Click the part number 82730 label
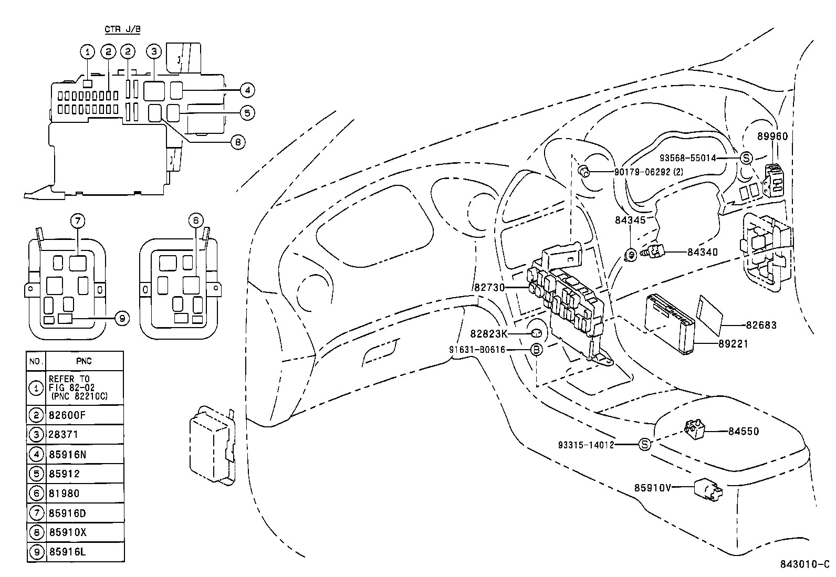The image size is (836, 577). click(x=488, y=287)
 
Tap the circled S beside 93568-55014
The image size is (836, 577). click(x=746, y=158)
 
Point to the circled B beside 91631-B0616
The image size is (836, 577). click(x=536, y=350)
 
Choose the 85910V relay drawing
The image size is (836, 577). click(x=707, y=489)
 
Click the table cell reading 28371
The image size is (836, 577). click(x=85, y=435)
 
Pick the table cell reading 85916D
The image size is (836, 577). click(x=85, y=512)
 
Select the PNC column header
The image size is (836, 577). click(x=85, y=361)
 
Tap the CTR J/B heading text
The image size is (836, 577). click(x=122, y=29)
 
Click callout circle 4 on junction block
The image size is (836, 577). click(x=246, y=90)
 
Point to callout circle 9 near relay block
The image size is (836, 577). click(x=121, y=318)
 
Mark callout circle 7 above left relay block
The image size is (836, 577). click(x=78, y=221)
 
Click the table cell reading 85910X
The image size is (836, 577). click(x=85, y=532)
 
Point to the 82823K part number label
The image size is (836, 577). click(x=488, y=333)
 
